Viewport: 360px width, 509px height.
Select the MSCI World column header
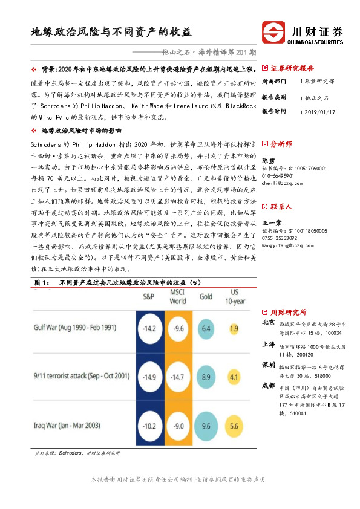pos(178,297)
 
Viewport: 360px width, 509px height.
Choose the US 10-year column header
pos(234,297)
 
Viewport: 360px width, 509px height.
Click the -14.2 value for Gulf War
pos(148,329)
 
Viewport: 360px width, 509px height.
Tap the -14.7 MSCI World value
pos(177,377)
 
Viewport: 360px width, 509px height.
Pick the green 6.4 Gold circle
pos(206,329)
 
